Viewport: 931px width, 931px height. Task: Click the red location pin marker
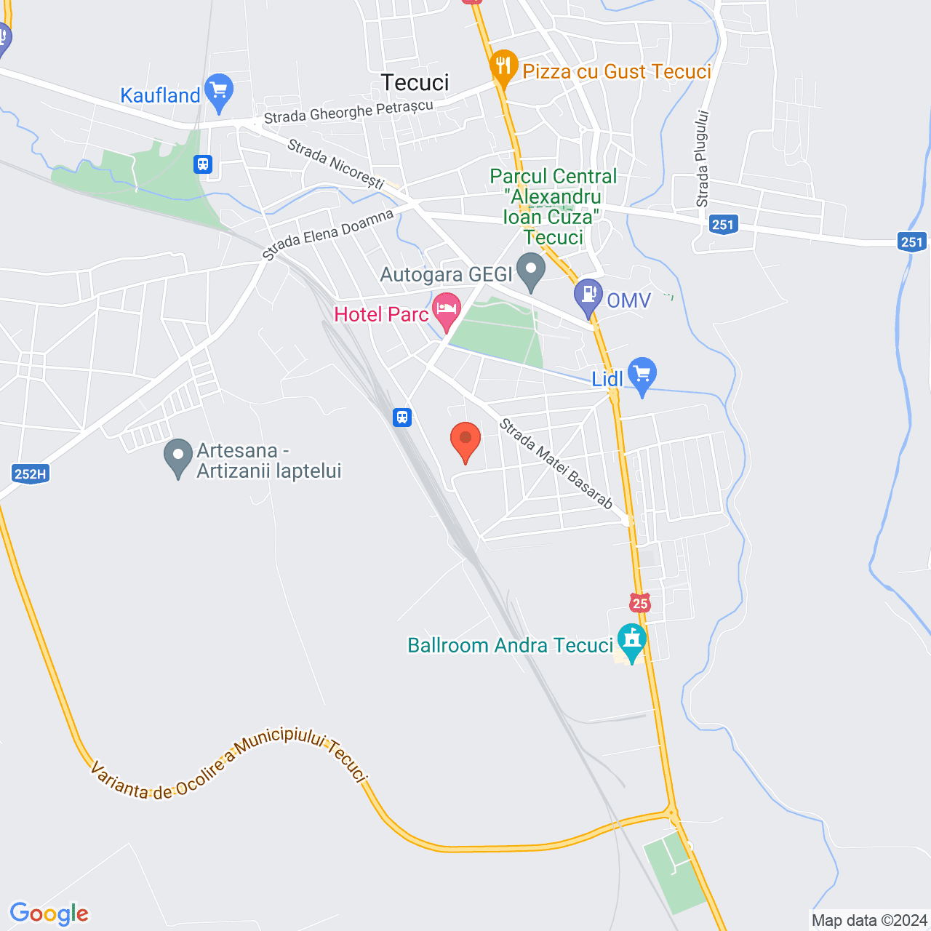(465, 441)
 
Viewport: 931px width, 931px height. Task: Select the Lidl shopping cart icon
(642, 375)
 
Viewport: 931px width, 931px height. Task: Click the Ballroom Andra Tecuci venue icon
(631, 641)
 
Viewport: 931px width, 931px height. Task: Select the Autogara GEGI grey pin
(531, 270)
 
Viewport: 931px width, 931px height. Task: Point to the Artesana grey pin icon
(178, 456)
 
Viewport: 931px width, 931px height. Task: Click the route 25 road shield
(640, 602)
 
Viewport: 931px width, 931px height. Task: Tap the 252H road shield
(30, 474)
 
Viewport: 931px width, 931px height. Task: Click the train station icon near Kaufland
(203, 164)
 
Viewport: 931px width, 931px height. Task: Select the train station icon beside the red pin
(402, 417)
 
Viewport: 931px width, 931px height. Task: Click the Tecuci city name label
(415, 83)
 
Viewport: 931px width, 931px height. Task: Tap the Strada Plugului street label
(702, 159)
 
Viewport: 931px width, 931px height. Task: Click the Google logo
(49, 914)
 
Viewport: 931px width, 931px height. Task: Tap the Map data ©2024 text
(869, 920)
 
